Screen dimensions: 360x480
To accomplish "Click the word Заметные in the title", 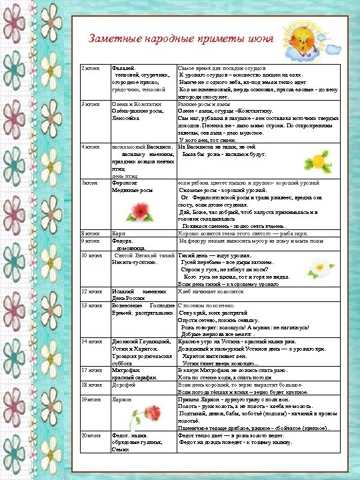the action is coord(111,39).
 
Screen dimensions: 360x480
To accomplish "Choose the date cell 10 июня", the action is coord(91,255).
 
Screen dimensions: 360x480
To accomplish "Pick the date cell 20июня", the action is coord(90,435).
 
